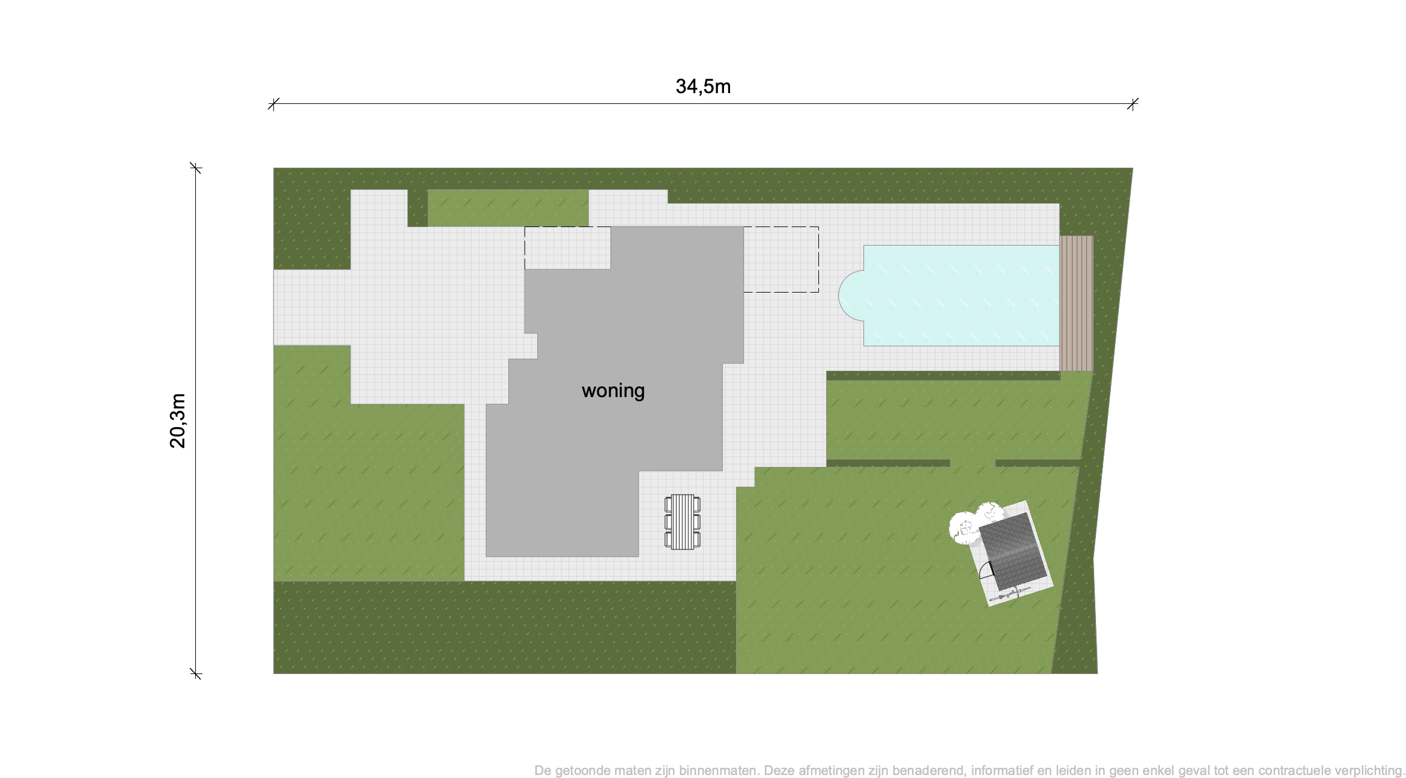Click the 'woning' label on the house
click(613, 391)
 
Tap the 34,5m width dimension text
click(703, 87)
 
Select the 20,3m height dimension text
click(178, 421)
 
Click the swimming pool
click(955, 296)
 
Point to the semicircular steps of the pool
click(851, 295)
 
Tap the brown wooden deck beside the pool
click(1076, 303)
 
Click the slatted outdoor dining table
click(683, 521)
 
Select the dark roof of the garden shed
click(1013, 551)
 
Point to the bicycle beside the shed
click(1010, 595)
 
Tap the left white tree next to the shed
click(963, 528)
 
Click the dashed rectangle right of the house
click(781, 260)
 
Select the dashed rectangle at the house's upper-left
click(567, 248)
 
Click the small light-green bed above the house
click(508, 208)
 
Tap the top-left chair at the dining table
click(668, 503)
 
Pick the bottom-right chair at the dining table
click(698, 539)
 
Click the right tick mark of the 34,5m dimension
click(1133, 104)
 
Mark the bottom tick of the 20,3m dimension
click(196, 673)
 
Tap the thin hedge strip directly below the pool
click(943, 375)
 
